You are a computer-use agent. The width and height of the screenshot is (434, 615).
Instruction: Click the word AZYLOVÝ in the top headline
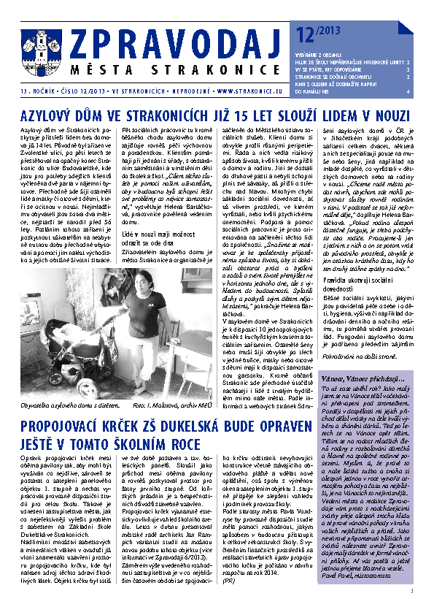point(52,115)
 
